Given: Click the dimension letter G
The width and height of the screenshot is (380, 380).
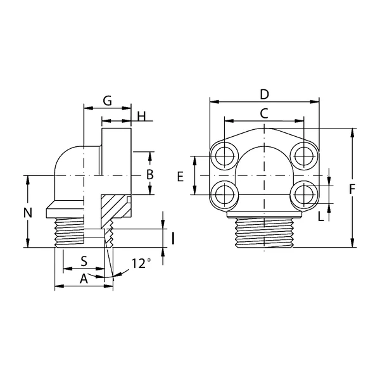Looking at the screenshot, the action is pos(108,101).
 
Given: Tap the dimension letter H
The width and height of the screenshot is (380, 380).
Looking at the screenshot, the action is pos(142,116).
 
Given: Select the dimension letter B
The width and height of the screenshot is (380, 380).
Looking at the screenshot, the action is pos(150,174).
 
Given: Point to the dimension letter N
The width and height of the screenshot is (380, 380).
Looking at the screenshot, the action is pos(28,213).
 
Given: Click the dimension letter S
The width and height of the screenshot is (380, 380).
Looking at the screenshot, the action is pos(84,262).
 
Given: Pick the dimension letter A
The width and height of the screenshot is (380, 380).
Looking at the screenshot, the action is pos(84,279).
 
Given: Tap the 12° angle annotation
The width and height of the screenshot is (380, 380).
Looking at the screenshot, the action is pos(141,263).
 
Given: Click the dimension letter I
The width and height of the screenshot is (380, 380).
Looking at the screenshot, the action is pos(173,239).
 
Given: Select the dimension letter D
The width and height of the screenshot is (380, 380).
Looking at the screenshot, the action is pos(264,94).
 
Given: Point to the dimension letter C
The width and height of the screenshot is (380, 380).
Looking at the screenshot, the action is pos(264,113).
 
